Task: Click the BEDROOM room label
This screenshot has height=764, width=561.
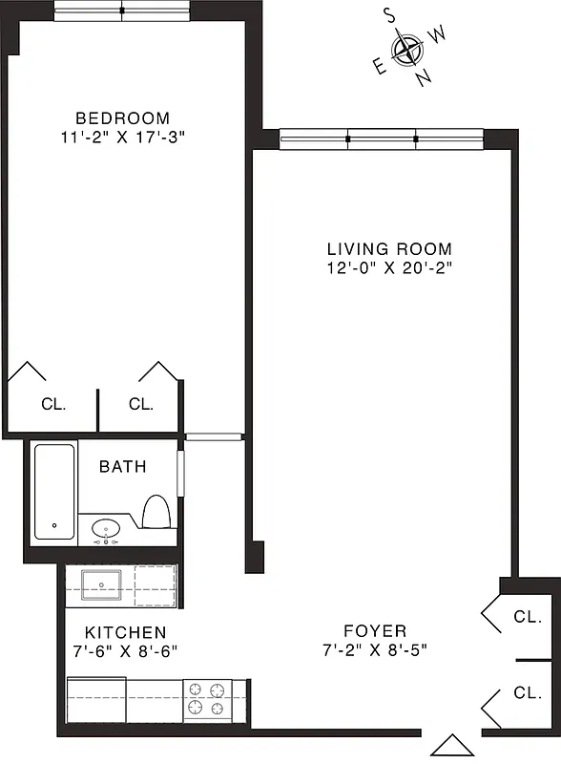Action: (x=122, y=118)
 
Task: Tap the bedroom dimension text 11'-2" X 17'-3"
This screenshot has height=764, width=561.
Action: (x=122, y=137)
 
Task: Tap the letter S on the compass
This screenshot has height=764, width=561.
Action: (x=389, y=14)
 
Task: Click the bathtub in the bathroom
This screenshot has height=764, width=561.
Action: (x=54, y=492)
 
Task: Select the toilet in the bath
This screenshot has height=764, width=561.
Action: (x=156, y=513)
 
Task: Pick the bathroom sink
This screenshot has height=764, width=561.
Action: (x=106, y=528)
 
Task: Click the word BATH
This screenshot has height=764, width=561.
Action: (x=123, y=467)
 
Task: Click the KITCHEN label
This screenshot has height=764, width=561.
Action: (x=125, y=632)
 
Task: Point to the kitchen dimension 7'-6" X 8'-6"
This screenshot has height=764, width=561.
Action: (x=125, y=650)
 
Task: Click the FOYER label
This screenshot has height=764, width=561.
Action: (x=375, y=631)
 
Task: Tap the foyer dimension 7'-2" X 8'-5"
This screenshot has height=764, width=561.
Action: (x=375, y=649)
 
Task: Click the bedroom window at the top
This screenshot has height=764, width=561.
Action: (x=122, y=11)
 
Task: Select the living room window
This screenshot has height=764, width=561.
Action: (x=383, y=139)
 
